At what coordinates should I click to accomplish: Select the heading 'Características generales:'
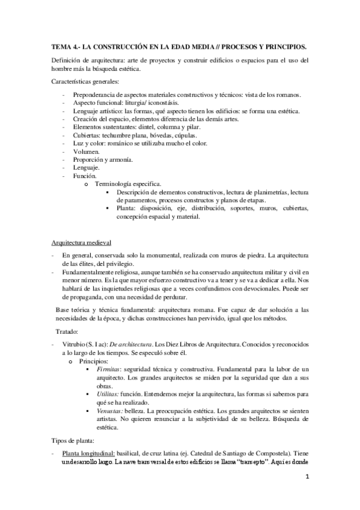(x=85, y=81)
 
